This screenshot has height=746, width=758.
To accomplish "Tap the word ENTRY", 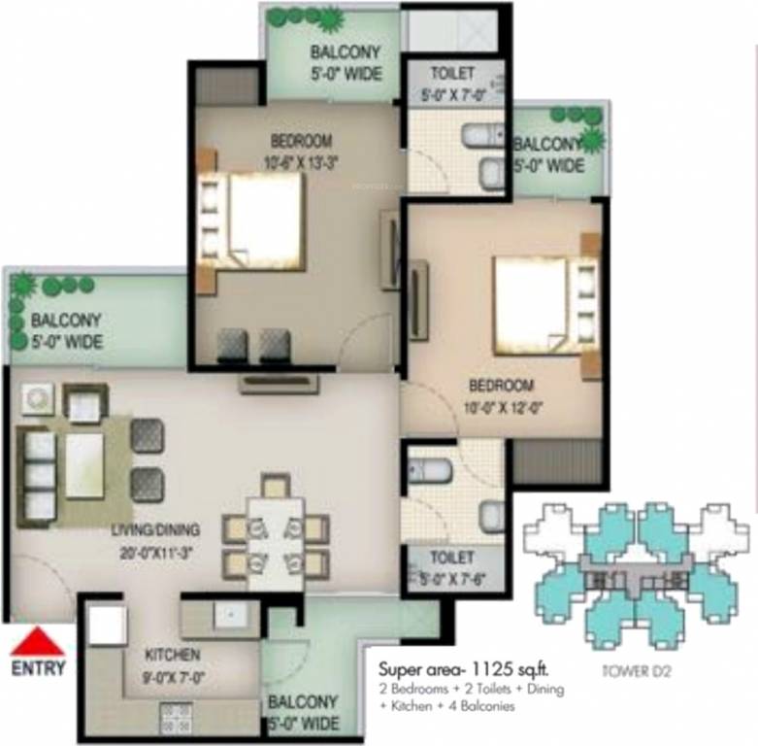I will (x=39, y=667).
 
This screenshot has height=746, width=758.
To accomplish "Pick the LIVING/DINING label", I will (x=155, y=530).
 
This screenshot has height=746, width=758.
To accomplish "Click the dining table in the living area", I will (x=276, y=542).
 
